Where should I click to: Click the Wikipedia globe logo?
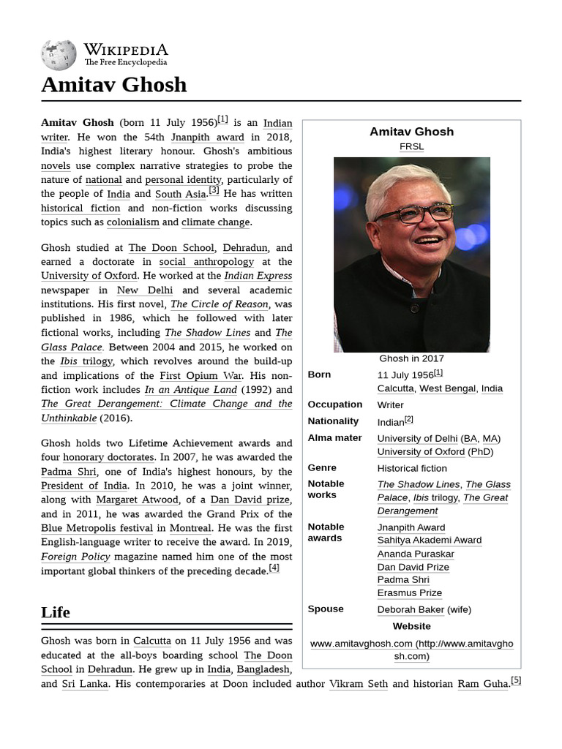tap(59, 56)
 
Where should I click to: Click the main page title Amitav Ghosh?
tap(113, 85)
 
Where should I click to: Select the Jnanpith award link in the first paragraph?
tap(207, 137)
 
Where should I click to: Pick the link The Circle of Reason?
tap(220, 304)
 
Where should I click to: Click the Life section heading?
tap(56, 612)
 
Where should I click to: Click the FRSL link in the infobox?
tap(411, 146)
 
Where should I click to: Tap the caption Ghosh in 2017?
tap(411, 358)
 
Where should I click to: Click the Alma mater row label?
tap(334, 438)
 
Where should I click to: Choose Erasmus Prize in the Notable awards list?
tap(409, 592)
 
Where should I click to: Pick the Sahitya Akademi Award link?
tap(429, 540)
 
